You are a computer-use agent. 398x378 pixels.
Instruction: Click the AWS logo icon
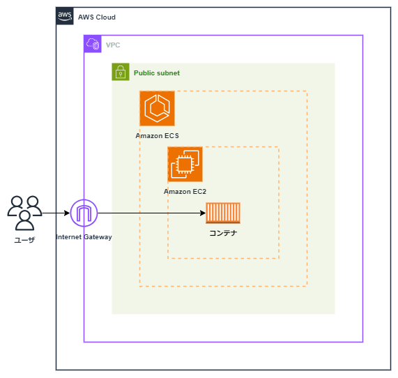point(65,16)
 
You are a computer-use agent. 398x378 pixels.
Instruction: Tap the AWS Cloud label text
point(96,17)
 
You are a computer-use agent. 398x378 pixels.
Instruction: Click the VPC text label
point(113,45)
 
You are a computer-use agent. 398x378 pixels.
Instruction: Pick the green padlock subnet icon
point(121,72)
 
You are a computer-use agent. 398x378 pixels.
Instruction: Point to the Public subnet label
point(156,73)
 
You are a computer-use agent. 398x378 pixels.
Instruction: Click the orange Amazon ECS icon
point(157,108)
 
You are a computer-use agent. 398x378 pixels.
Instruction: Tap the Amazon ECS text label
point(157,135)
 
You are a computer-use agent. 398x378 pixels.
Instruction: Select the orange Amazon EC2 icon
point(185,164)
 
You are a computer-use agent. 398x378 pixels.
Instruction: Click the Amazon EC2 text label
point(185,191)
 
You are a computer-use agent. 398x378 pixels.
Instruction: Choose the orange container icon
point(223,213)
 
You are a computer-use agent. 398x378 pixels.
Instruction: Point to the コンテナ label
point(223,233)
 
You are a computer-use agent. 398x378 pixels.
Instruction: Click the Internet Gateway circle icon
point(84,213)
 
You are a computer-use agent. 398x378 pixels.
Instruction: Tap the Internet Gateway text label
point(84,237)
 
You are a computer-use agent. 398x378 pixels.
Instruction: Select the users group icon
point(24,212)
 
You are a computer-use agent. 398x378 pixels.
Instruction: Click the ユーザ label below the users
point(24,239)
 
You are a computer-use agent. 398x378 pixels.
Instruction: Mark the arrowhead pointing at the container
point(203,213)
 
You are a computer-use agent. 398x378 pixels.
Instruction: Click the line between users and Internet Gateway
point(56,213)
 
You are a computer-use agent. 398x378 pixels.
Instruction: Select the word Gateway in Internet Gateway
point(98,237)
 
